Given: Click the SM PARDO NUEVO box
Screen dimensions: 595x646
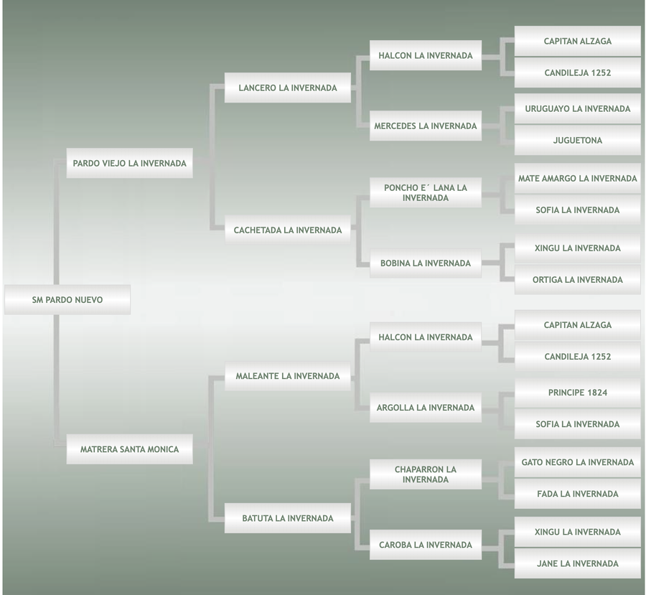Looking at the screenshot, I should (x=67, y=300).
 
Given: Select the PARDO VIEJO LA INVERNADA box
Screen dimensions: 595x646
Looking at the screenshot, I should (x=129, y=164).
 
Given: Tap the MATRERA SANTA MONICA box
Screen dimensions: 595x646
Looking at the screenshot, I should (x=129, y=449).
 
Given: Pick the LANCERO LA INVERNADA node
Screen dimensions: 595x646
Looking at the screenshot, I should (x=287, y=88).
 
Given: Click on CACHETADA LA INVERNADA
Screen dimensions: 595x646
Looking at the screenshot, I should (x=287, y=230).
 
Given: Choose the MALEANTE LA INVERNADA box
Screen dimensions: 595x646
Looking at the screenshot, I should (x=287, y=376).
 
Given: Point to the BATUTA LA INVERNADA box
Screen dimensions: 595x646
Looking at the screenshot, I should (x=287, y=518).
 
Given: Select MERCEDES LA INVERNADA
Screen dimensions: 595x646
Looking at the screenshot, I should (x=425, y=126).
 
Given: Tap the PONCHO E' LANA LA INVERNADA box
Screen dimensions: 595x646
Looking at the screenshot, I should (x=425, y=193).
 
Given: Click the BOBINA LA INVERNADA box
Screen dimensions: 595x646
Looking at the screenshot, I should (x=425, y=263).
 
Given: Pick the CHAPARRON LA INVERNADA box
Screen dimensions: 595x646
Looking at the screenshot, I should (x=425, y=474).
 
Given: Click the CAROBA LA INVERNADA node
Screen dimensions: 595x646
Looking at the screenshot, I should (x=425, y=545).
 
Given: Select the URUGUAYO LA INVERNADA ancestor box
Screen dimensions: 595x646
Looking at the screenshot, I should (x=577, y=109).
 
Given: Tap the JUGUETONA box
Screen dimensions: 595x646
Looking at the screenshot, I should (x=577, y=141).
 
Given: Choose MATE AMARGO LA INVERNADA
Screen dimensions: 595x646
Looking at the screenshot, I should (x=577, y=179).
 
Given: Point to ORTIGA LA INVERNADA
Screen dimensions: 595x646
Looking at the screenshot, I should (x=577, y=280).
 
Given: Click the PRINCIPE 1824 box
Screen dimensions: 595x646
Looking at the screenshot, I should (x=577, y=393).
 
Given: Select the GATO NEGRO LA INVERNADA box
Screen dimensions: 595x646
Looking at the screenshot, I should (x=577, y=463).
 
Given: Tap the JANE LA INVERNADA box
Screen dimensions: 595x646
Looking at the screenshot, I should (x=577, y=564).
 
